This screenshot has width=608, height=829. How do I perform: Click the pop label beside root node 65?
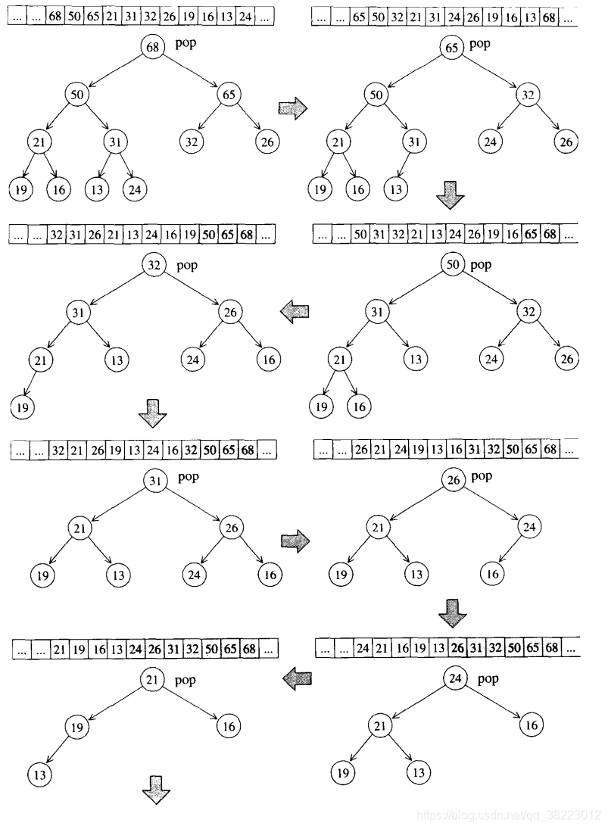click(479, 44)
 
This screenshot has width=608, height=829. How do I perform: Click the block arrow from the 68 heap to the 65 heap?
click(294, 108)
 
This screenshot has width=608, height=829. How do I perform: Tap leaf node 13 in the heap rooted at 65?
click(394, 189)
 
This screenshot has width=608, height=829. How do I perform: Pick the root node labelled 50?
click(452, 265)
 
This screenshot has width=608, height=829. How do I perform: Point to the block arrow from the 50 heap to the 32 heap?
click(295, 310)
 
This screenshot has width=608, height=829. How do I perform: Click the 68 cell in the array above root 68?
click(55, 15)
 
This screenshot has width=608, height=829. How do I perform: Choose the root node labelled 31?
click(153, 481)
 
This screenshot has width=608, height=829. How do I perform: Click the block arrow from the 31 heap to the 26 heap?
click(295, 540)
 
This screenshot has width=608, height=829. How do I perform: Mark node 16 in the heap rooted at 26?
click(493, 574)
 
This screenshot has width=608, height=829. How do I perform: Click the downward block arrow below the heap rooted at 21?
click(155, 787)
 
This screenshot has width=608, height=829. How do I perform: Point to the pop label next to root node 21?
click(186, 680)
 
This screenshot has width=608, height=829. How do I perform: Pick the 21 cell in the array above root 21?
click(59, 648)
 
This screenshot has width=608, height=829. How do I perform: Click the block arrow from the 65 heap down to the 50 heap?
click(451, 199)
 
